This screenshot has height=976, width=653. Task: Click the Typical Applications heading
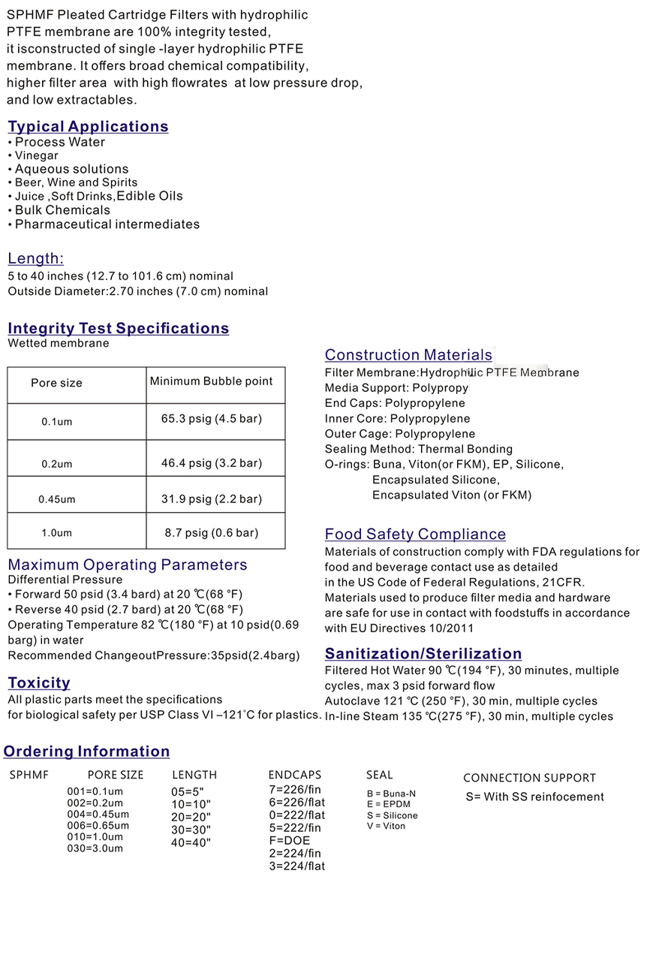coord(88,126)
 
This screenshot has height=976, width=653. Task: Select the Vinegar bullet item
coord(37,155)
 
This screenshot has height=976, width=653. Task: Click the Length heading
coord(35,258)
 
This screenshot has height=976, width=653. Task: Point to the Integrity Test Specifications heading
coord(118,328)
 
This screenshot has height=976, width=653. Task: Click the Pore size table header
coord(56,383)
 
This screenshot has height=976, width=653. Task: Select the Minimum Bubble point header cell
coord(211,381)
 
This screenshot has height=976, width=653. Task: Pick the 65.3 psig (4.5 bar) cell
coord(212,418)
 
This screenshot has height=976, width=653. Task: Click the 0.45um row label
coord(57,499)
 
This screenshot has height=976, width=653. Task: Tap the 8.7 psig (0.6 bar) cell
coord(212,532)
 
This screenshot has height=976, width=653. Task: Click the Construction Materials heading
coord(408,355)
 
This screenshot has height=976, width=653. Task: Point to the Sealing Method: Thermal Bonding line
coord(419,449)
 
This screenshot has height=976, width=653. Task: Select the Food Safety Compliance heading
coord(415,535)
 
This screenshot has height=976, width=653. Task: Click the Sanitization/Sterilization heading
coord(423,654)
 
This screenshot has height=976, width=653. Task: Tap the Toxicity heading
coord(39,683)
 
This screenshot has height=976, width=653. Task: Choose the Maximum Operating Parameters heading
coord(127,565)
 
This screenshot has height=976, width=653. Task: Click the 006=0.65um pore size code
coord(98,825)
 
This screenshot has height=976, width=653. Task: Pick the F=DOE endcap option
coord(289,840)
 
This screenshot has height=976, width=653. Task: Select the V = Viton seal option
coord(386,826)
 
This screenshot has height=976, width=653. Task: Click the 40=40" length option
coord(191,842)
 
